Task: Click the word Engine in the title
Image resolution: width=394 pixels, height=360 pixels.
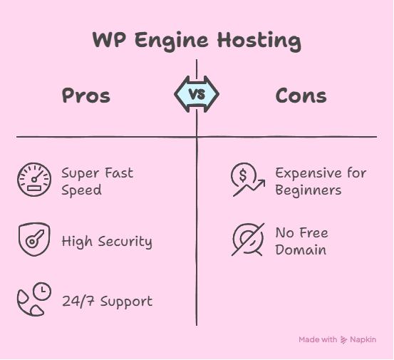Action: [x=172, y=41]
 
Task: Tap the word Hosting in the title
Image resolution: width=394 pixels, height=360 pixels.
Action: [x=259, y=41]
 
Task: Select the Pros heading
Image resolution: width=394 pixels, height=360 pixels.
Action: [x=86, y=96]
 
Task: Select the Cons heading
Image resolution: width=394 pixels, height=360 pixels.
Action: [x=301, y=96]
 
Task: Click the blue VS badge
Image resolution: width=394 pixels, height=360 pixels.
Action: [x=197, y=94]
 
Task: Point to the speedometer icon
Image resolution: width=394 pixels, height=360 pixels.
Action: [x=34, y=180]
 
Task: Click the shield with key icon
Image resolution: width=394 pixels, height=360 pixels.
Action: [x=34, y=240]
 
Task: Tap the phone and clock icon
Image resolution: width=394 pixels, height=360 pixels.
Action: [x=34, y=299]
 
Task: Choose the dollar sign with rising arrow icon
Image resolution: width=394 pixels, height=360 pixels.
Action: [x=248, y=180]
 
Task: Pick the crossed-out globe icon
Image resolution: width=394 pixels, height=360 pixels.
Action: [x=248, y=240]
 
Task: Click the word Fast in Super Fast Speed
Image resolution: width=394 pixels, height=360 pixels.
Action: [x=119, y=173]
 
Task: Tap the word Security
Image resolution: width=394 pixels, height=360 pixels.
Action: [x=125, y=242]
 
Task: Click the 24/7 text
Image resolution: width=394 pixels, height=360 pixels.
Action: [x=78, y=301]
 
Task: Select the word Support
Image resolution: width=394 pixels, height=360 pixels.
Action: [x=126, y=302]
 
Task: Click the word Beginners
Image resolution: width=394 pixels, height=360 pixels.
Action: [x=309, y=190]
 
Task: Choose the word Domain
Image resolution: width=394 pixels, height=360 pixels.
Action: [x=301, y=250]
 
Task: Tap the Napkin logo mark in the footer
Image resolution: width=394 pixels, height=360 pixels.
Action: [x=343, y=340]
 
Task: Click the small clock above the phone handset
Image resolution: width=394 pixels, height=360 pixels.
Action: [x=42, y=291]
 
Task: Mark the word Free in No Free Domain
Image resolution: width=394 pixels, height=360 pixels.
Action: [x=313, y=233]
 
